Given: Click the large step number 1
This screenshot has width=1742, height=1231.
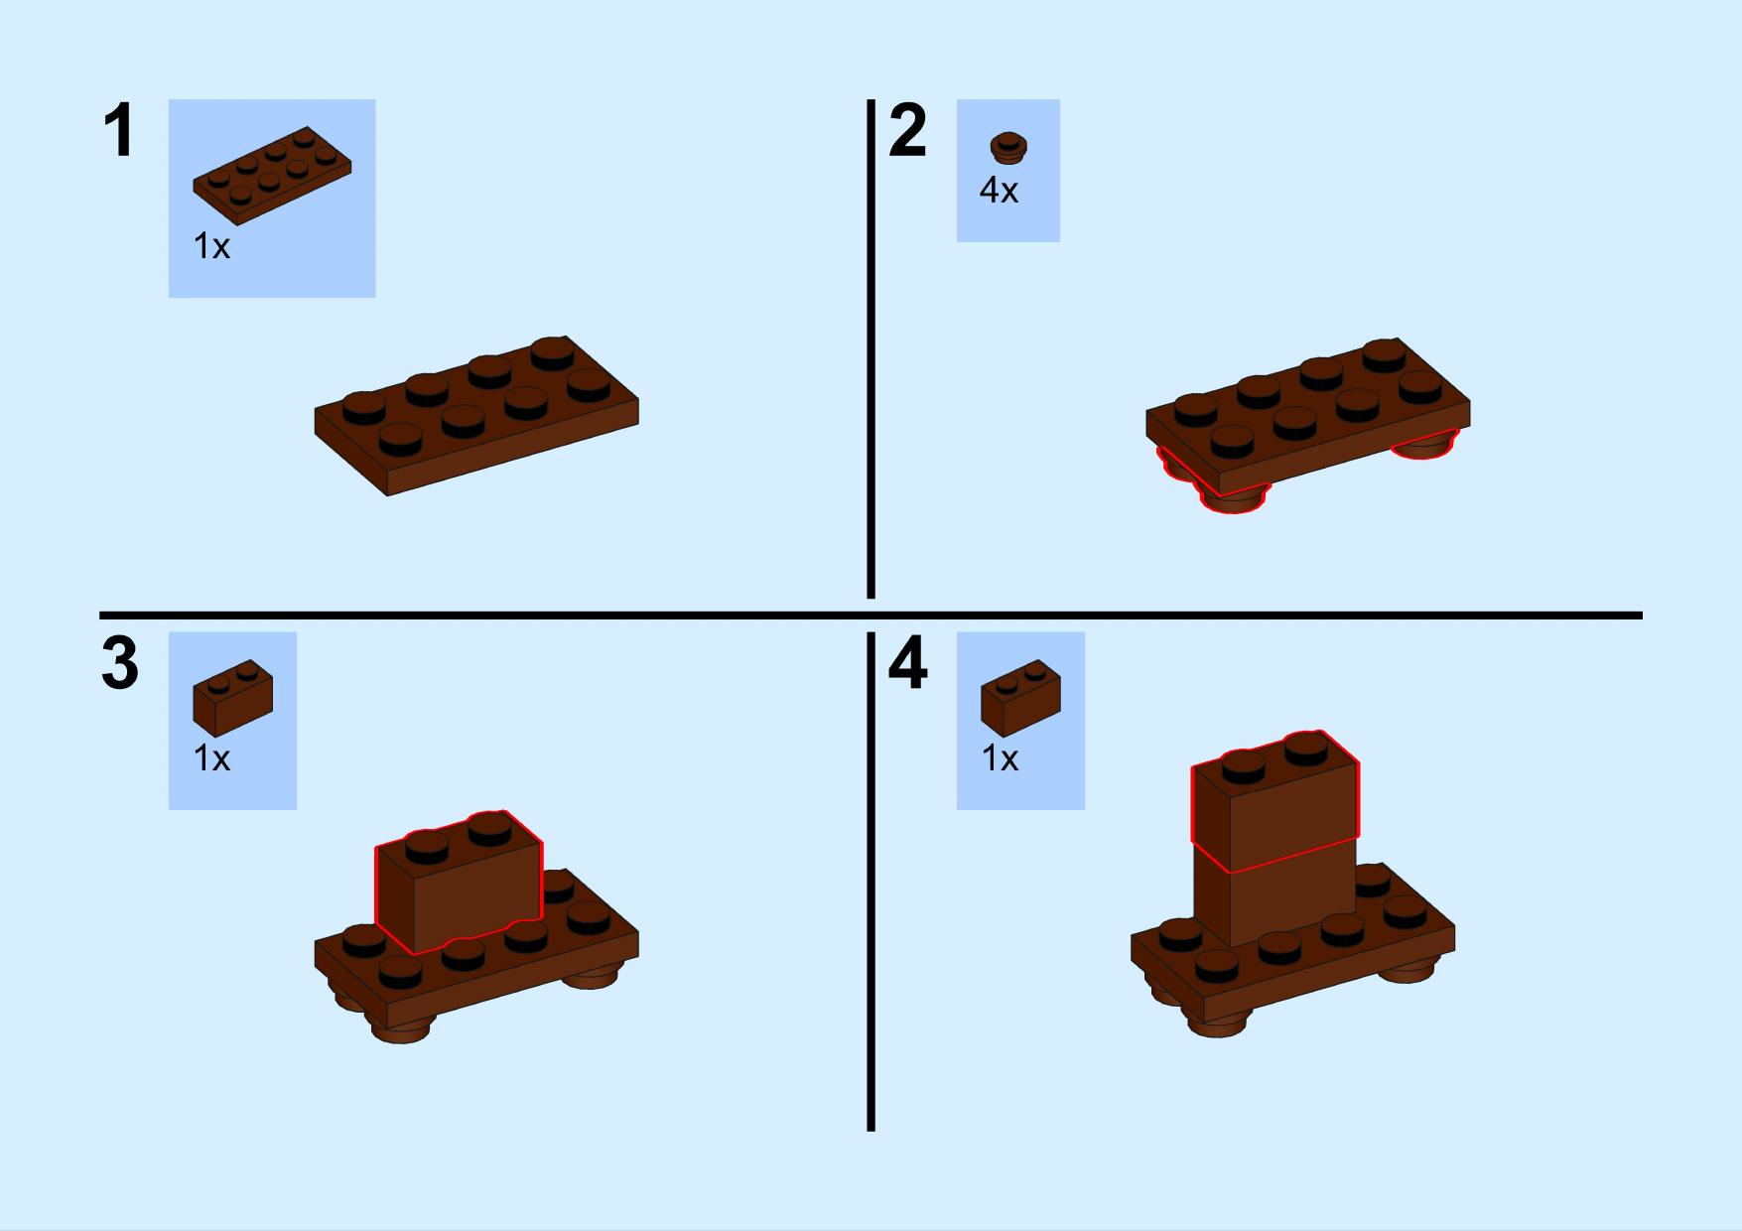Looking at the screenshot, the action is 119,131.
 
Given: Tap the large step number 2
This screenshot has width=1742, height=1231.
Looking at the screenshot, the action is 907,131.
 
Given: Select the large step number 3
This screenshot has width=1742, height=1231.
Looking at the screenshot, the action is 120,663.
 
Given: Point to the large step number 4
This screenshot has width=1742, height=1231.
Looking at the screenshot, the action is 907,663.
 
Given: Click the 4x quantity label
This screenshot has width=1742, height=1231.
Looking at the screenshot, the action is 999,190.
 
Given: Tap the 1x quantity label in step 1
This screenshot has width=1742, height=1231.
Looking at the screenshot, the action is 211,246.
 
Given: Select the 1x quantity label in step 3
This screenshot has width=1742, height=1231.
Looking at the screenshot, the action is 211,758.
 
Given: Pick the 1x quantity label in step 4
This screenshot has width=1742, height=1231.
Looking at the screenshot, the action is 1000,758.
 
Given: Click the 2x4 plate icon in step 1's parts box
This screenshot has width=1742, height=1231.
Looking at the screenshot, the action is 272,175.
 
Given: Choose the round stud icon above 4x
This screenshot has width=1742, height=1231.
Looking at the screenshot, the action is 1008,148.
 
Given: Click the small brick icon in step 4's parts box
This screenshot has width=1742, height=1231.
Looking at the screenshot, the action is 1020,697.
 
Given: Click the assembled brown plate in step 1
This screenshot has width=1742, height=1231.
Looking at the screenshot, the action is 476,416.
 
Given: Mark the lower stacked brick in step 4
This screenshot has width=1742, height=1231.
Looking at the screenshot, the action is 1275,893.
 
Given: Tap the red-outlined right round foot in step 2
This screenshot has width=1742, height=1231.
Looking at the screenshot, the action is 1424,445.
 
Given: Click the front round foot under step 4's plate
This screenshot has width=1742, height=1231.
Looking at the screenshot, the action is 1219,1023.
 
